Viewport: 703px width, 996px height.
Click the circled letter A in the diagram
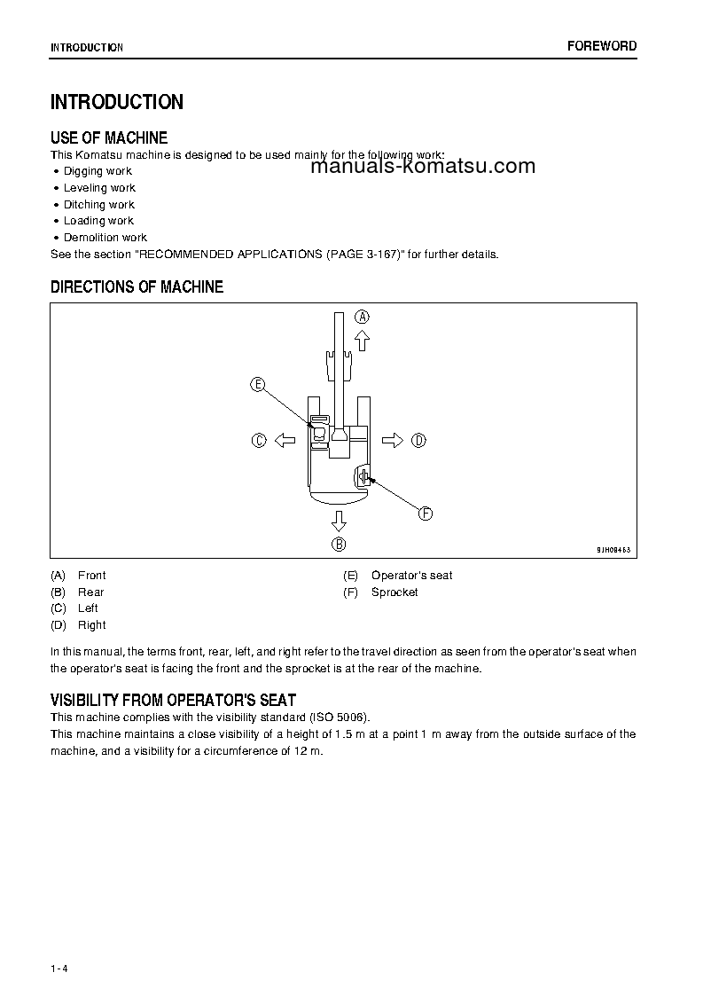click(x=363, y=317)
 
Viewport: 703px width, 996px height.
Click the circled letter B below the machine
click(x=339, y=544)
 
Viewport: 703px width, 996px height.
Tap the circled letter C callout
click(x=259, y=440)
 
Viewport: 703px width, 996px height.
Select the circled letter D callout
click(x=418, y=440)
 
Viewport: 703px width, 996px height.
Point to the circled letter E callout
click(x=258, y=384)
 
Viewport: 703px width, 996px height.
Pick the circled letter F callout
click(x=425, y=514)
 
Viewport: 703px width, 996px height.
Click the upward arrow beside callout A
click(x=362, y=340)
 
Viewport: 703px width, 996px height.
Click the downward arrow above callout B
click(x=339, y=520)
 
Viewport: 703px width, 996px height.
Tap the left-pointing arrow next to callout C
click(x=284, y=440)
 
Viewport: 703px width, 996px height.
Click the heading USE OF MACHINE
click(x=109, y=137)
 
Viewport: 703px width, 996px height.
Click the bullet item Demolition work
click(x=105, y=238)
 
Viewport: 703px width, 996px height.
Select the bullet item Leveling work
click(x=99, y=188)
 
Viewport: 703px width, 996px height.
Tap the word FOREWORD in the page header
click(x=602, y=46)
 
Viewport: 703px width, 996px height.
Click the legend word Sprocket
click(x=394, y=592)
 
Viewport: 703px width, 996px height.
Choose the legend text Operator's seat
click(x=411, y=576)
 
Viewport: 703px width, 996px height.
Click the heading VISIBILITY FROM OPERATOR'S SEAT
click(x=173, y=700)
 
